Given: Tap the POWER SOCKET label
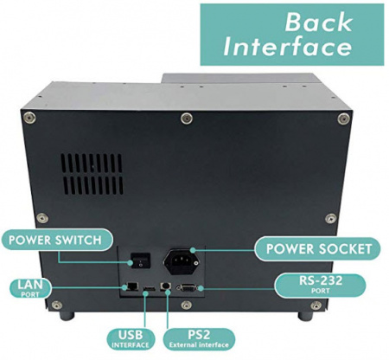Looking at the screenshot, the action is click(318, 249).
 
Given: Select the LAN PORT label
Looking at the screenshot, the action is click(30, 287).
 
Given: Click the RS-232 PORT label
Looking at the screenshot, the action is click(320, 284).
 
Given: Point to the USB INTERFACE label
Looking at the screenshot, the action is click(131, 338).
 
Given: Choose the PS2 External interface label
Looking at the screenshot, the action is click(199, 338).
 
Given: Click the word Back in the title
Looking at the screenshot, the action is click(319, 22).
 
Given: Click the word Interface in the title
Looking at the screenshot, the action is click(288, 47).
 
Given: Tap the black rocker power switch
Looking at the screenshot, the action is click(141, 260).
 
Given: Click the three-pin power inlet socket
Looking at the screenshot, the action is click(182, 262).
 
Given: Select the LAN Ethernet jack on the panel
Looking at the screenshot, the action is click(132, 286).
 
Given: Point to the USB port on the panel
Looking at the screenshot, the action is click(149, 288).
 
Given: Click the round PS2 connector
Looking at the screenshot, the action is click(166, 286).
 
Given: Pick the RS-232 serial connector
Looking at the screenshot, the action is click(188, 288).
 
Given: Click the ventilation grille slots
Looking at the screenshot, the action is click(92, 174).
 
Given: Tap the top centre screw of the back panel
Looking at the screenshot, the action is click(187, 119).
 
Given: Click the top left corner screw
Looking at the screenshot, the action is click(29, 118).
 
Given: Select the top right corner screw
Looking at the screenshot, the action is click(344, 119).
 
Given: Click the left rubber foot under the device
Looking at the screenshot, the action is click(67, 315).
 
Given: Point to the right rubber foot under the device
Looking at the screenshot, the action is click(305, 316).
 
